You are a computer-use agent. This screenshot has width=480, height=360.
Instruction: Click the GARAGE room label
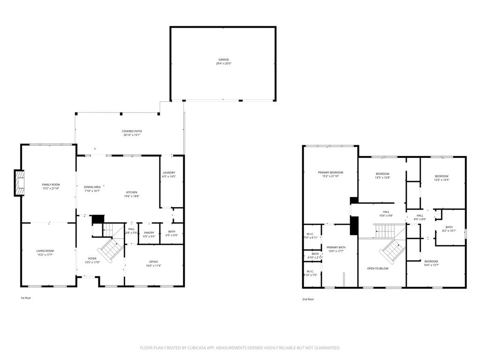pos(224,60)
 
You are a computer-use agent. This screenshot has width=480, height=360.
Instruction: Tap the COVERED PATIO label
pos(132,131)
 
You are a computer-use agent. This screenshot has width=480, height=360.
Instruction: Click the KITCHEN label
pos(131,192)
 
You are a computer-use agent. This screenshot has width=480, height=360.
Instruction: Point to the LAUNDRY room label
pos(169,172)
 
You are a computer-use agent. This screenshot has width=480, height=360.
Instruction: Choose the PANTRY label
pos(149,232)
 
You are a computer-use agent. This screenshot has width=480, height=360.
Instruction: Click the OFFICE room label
pos(153,262)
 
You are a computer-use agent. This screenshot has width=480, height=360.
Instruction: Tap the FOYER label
pos(92,258)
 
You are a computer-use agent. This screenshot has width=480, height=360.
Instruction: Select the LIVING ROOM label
pos(45,251)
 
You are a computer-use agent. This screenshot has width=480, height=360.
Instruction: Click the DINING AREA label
pos(92,187)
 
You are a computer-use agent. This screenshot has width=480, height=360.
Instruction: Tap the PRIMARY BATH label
pos(336,247)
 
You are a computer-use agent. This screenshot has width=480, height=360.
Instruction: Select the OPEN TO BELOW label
pos(377,269)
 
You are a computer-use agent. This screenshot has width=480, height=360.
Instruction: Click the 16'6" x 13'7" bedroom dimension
pos(431,265)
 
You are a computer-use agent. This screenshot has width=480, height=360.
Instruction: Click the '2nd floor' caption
pos(308,299)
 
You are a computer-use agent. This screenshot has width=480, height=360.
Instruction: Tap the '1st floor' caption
pos(26,298)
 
